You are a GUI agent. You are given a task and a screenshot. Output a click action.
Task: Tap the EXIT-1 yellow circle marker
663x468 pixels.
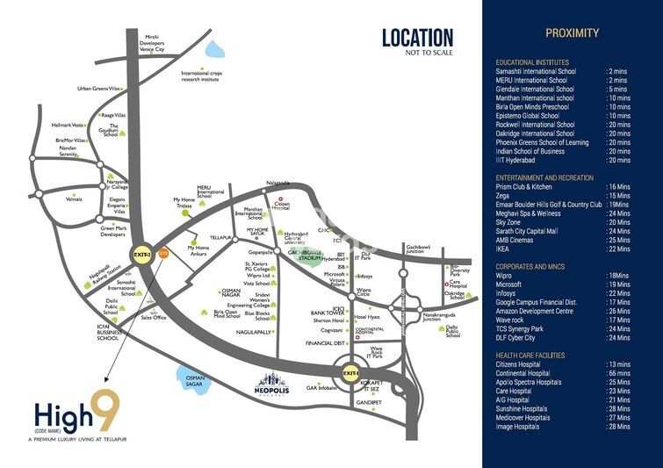click(x=351, y=374)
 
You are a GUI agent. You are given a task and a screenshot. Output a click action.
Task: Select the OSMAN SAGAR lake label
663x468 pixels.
click(x=194, y=381)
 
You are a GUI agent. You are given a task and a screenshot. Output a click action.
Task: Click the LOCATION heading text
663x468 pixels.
click(x=417, y=38)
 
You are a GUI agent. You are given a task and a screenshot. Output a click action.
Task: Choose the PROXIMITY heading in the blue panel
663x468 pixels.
click(x=572, y=33)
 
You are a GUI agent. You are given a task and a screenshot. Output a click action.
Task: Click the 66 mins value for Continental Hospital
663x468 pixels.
click(x=617, y=373)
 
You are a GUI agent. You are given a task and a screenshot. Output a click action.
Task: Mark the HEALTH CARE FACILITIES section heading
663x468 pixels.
click(x=541, y=355)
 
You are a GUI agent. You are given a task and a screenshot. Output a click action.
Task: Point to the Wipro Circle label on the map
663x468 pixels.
click(x=364, y=292)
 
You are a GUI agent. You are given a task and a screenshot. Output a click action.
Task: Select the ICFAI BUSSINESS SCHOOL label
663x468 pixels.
click(x=108, y=335)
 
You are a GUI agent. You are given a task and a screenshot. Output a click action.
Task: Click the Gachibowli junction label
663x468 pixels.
click(x=422, y=250)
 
